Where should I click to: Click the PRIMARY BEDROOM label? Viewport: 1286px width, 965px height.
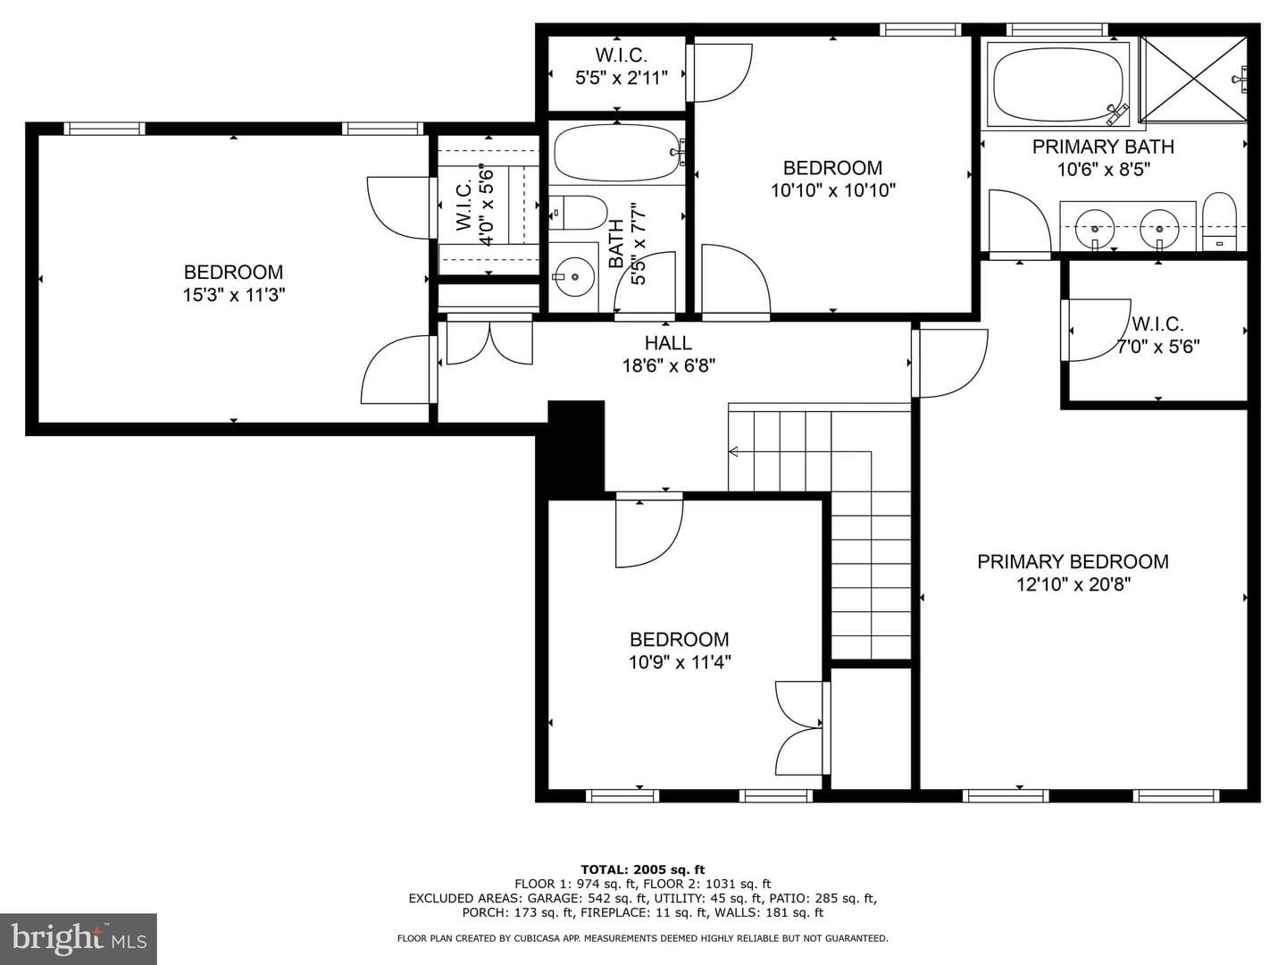click(x=1073, y=562)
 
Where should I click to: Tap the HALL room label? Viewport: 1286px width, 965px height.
click(x=668, y=343)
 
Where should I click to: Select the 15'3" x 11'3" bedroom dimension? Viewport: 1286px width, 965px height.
click(x=234, y=295)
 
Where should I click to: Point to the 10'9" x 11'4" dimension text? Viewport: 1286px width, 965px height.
click(x=680, y=662)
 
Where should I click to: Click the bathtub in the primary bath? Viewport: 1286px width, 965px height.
click(x=1059, y=85)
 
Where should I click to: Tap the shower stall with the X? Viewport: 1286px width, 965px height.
click(x=1193, y=80)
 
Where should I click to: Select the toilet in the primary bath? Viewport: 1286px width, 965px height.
click(x=1219, y=222)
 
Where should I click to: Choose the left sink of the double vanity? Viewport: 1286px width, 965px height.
click(x=1094, y=229)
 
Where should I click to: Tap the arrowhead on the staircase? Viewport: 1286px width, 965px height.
click(x=732, y=452)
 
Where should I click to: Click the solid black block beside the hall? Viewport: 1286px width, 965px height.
click(x=576, y=447)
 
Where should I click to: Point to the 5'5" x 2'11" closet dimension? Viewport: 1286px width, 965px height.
click(x=621, y=78)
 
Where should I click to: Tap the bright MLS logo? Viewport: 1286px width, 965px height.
click(x=79, y=938)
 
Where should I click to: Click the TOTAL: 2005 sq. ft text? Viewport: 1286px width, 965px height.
click(x=643, y=869)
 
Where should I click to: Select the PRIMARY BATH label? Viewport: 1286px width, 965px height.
click(x=1103, y=147)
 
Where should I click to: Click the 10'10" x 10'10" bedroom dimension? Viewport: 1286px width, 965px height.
click(x=833, y=190)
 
